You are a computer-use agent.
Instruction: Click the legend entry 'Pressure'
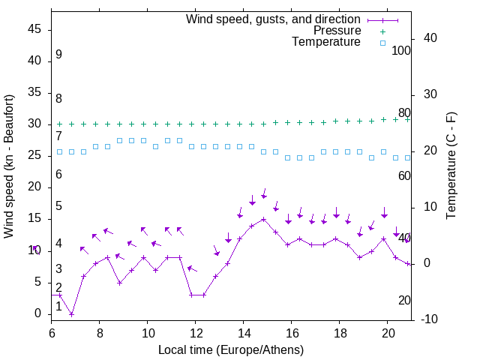pos(337,31)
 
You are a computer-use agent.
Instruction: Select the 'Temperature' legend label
pos(326,43)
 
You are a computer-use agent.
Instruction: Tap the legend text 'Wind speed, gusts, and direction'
pos(274,19)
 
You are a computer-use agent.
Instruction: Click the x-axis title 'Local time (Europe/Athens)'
pos(231,350)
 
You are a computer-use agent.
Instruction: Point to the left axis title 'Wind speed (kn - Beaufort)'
pos(9,166)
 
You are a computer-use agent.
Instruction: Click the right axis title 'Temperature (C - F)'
pos(451,166)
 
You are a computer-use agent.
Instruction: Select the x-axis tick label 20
pos(388,330)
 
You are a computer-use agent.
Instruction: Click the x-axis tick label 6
pos(52,330)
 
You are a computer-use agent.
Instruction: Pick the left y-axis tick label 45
pos(35,29)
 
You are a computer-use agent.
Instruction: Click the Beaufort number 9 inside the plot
pos(58,55)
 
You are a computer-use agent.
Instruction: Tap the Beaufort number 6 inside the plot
pos(58,175)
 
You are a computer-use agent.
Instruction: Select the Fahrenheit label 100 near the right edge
pos(402,50)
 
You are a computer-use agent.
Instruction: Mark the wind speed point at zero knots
pos(71,313)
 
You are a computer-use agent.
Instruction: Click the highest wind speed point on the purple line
pos(264,220)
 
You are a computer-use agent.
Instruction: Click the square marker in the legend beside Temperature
pos(382,43)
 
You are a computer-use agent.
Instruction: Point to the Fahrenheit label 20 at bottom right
pos(404,300)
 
